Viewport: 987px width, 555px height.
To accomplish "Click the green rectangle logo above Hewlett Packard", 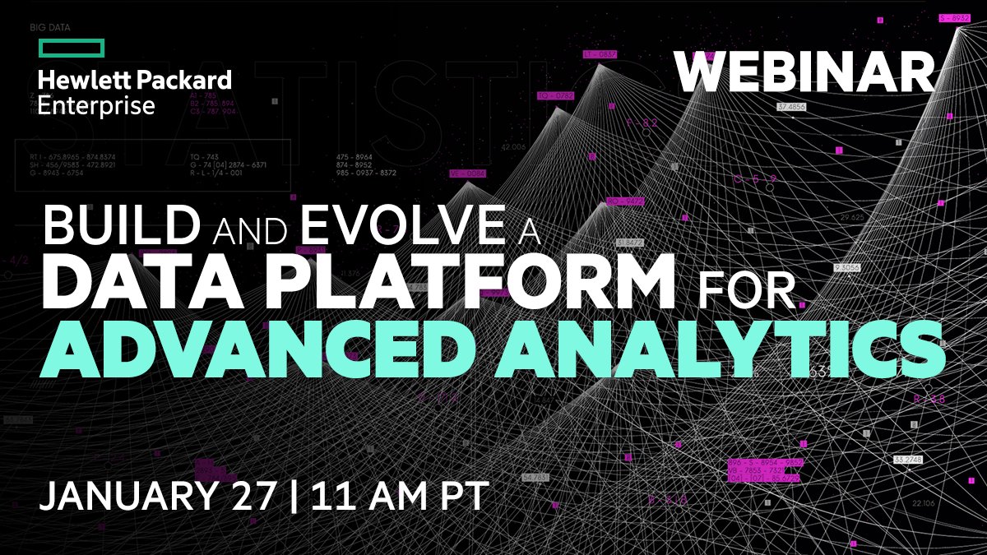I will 71,48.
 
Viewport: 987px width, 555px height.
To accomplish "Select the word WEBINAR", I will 805,73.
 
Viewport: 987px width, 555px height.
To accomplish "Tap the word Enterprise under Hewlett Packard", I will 96,105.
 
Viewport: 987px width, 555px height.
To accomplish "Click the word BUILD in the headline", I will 123,225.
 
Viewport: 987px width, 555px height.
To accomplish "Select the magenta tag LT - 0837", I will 600,54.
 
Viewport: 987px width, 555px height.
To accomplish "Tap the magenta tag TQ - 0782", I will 555,96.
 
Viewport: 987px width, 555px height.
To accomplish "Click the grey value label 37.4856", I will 790,107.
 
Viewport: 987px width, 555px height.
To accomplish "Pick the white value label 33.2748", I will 909,459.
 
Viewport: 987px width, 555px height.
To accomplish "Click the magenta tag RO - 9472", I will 624,201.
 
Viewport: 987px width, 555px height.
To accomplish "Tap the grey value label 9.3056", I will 847,267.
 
